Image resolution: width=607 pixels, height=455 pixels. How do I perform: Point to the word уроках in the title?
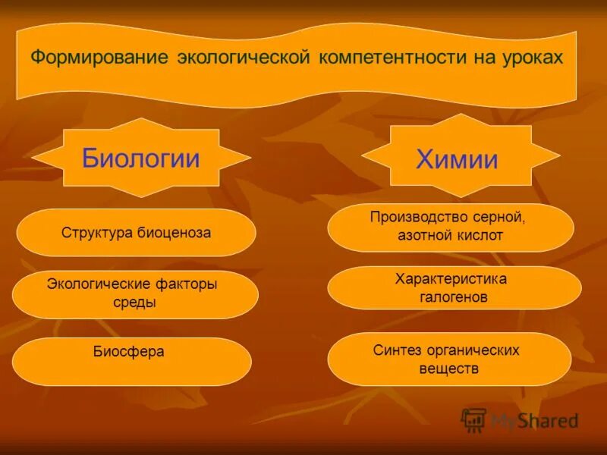(530, 58)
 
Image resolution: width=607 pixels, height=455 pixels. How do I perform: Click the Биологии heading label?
(141, 158)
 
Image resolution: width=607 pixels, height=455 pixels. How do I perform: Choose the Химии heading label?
(457, 160)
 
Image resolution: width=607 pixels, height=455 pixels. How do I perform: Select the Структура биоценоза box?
(136, 232)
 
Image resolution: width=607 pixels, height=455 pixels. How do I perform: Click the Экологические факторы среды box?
(135, 293)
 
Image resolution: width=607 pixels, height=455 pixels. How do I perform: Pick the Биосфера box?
(131, 360)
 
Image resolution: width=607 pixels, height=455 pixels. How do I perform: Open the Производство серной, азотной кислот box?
(450, 227)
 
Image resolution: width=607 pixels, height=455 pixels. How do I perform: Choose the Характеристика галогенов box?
(454, 288)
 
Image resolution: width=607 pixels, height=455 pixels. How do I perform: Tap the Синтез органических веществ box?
(448, 359)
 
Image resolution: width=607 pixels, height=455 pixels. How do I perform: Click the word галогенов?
(453, 298)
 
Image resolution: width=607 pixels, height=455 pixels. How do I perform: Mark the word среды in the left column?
(134, 303)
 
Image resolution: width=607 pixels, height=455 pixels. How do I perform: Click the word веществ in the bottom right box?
(448, 369)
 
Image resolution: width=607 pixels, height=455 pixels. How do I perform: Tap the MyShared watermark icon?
(473, 419)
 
